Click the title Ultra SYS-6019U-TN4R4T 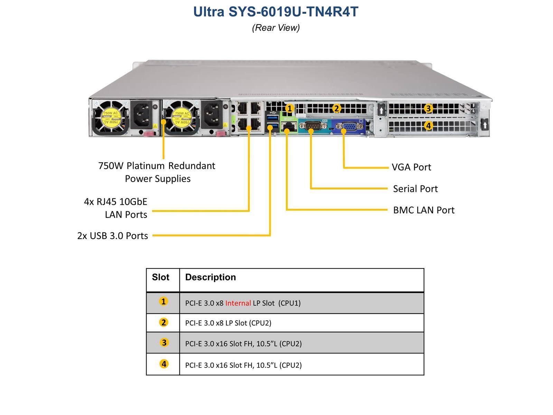276,12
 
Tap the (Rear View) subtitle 276,28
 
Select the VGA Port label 411,167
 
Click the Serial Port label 415,189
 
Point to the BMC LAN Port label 424,210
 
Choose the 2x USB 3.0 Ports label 113,236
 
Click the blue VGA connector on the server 348,127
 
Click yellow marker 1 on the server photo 290,108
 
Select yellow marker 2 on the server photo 336,109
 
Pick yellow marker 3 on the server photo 428,109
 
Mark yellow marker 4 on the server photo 428,126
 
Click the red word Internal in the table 238,303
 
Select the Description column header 210,277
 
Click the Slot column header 161,277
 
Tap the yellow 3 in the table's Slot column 164,343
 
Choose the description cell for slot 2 228,323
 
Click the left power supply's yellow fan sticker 110,118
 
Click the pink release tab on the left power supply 148,134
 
